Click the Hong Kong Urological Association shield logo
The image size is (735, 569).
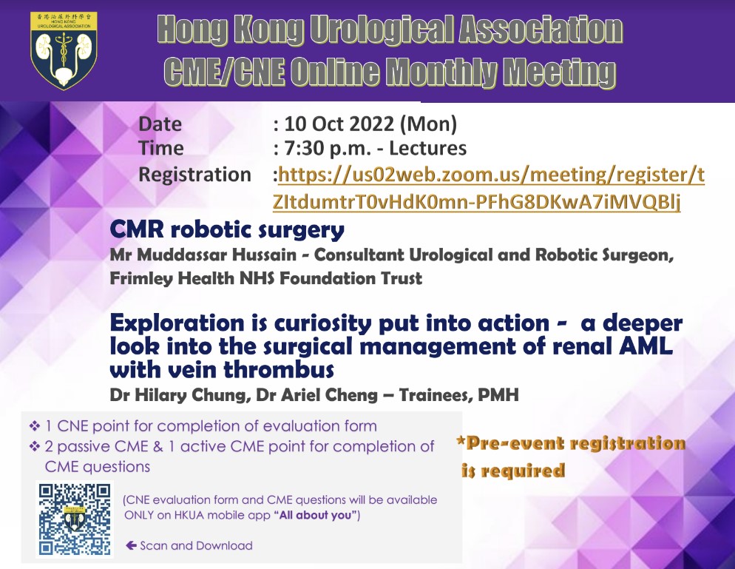click(64, 50)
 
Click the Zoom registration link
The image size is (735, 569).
click(488, 188)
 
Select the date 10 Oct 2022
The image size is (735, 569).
click(339, 124)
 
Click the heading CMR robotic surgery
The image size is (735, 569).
click(227, 230)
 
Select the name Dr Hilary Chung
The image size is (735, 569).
click(178, 395)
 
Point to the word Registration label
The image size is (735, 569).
click(194, 175)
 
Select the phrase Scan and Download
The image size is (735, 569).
click(196, 545)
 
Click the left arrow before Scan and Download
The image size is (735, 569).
click(131, 545)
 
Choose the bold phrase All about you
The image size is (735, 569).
click(316, 516)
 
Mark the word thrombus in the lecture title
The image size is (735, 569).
click(279, 370)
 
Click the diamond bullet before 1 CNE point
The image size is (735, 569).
click(34, 426)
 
